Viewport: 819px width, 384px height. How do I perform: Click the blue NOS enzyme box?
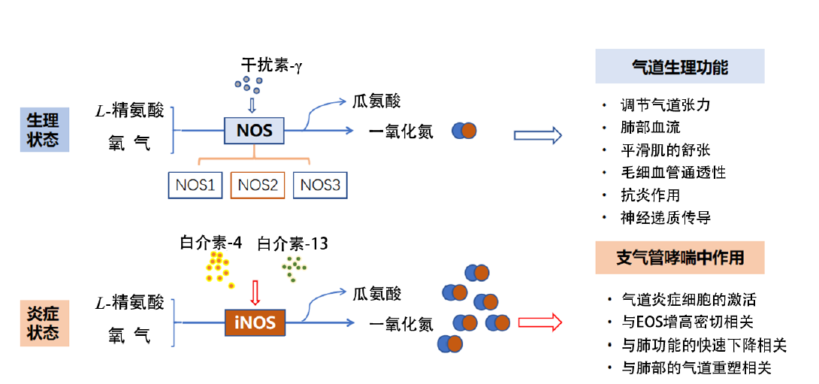254,130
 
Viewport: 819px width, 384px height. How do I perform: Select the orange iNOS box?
255,324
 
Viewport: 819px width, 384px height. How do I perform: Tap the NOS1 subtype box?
195,184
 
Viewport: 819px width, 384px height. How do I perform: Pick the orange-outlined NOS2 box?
258,184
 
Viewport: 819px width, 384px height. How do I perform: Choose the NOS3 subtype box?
320,184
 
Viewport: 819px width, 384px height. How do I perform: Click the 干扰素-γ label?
271,65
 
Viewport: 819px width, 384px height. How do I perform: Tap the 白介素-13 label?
292,243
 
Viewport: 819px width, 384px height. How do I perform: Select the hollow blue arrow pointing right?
537,135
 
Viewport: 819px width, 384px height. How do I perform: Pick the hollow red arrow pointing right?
540,323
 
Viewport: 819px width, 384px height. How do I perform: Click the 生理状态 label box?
43,129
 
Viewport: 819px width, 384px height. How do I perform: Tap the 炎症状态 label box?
43,324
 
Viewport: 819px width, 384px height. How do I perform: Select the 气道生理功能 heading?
679,67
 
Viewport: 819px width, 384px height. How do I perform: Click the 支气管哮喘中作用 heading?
679,258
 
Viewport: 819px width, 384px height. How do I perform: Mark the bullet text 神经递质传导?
665,218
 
